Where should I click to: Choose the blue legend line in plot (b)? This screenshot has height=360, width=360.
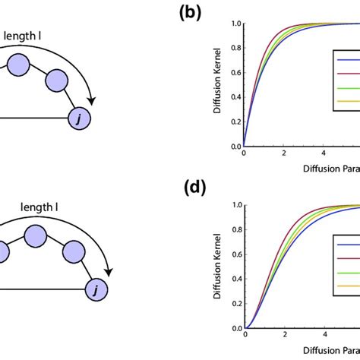click(x=349, y=61)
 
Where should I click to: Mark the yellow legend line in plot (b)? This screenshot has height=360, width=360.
click(x=349, y=103)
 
